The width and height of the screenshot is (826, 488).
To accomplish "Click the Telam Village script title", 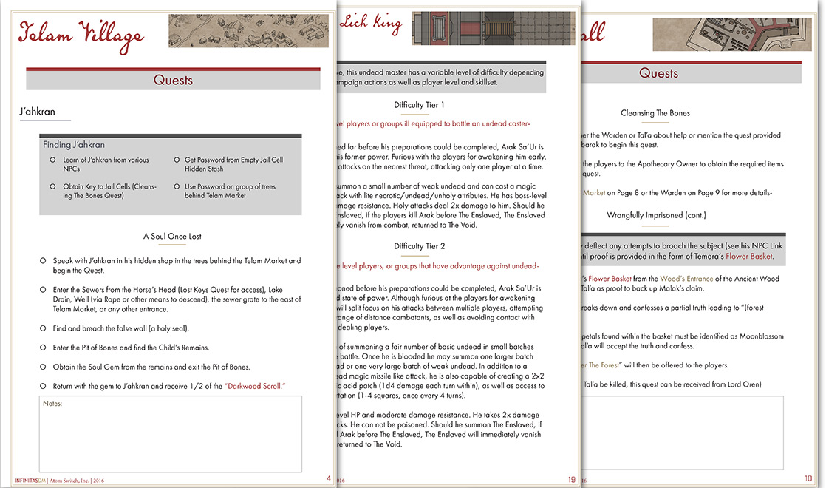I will click(81, 33).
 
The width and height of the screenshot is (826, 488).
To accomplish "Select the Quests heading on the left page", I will click(173, 80).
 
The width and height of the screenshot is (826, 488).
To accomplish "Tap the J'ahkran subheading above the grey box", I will click(38, 112).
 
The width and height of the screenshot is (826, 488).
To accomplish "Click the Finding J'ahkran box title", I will click(73, 145).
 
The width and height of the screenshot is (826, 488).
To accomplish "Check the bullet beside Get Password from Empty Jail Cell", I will click(177, 160).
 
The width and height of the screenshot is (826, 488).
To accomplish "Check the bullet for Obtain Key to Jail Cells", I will click(52, 187).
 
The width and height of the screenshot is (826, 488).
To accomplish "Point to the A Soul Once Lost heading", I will click(172, 236).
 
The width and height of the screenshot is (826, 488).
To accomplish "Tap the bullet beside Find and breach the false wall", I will click(43, 328).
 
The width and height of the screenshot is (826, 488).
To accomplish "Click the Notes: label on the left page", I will click(52, 404).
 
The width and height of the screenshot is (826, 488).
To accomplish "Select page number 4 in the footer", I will click(328, 478).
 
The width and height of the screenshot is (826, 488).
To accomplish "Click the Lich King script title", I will click(371, 23).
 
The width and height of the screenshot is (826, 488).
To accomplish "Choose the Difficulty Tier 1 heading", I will click(419, 105).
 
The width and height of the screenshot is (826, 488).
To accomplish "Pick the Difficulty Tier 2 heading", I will click(419, 246).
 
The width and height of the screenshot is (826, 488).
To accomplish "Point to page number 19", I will click(571, 479).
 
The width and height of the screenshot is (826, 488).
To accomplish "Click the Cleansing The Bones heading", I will click(655, 113).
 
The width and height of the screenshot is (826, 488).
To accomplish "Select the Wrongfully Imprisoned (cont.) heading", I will click(655, 215).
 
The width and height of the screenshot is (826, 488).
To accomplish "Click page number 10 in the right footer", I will click(808, 479).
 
